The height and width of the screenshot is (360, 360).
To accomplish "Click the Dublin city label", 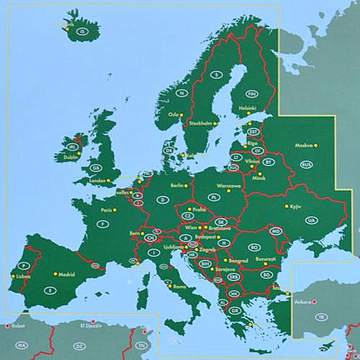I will tap(71, 156).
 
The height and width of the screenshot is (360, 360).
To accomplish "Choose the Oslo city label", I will tap(175, 114).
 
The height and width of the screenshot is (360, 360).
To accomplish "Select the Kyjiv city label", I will tap(294, 206).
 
